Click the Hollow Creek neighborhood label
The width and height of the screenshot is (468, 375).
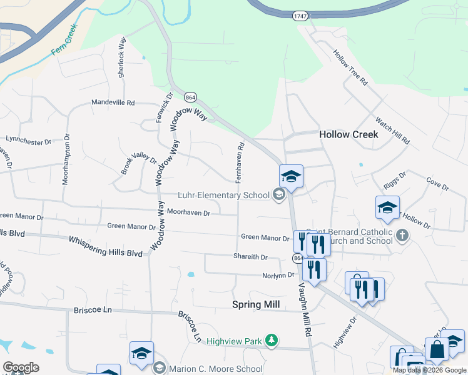348,134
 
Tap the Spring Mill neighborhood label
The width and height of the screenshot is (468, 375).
255,304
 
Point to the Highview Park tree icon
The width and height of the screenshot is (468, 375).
271,339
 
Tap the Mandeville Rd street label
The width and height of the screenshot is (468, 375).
113,102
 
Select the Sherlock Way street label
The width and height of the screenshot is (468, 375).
122,61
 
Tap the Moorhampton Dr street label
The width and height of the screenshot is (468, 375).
65,159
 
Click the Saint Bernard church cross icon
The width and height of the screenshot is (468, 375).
402,236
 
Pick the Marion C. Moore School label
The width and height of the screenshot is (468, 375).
216,369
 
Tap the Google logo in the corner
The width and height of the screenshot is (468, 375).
20,367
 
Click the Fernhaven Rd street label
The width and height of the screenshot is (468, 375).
239,162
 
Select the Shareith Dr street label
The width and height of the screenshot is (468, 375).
250,257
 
